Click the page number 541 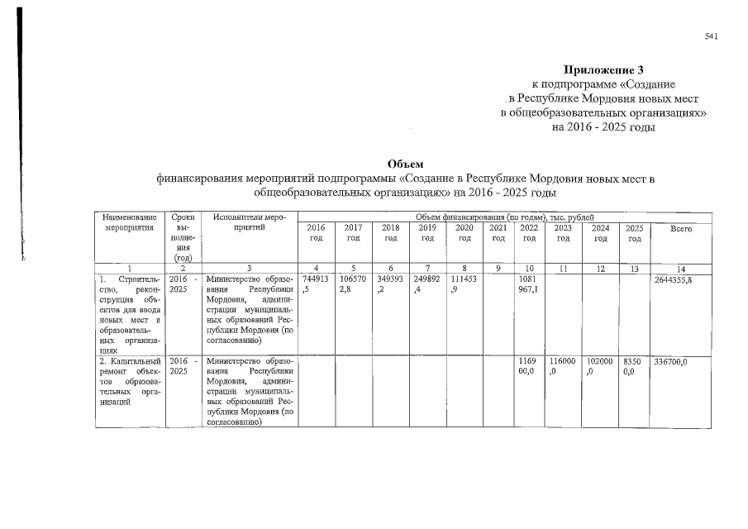pos(710,37)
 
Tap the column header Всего pos(681,227)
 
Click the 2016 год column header pos(316,232)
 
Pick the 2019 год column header pos(427,232)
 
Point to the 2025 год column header pos(634,232)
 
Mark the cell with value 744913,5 pos(316,285)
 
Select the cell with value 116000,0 pos(563,367)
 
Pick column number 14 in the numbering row pos(680,268)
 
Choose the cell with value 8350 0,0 pos(634,367)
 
